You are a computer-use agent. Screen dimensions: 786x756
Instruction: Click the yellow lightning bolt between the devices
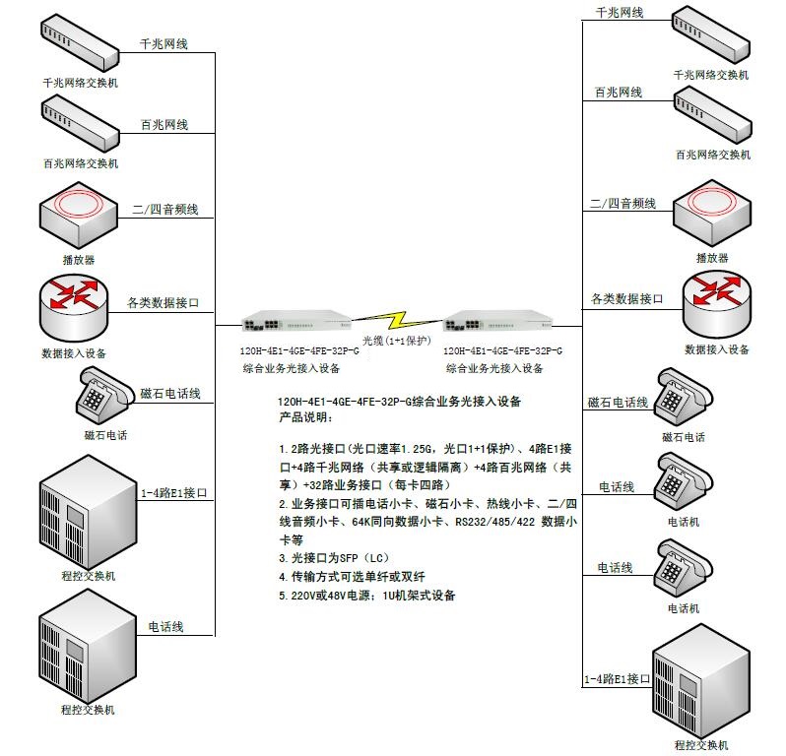coord(397,319)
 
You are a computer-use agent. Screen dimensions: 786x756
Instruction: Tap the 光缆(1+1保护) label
coord(397,341)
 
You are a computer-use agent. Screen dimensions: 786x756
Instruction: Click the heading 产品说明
coord(305,416)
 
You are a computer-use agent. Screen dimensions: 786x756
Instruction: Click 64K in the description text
coord(360,522)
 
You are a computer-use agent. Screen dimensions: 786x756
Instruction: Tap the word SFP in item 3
coord(348,558)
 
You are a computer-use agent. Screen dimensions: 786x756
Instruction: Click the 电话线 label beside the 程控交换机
coord(165,626)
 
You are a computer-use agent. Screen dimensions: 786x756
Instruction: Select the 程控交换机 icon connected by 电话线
coord(88,647)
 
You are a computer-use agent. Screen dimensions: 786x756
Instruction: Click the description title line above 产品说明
coord(400,402)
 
